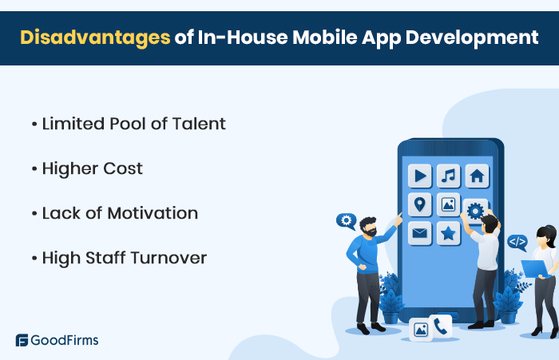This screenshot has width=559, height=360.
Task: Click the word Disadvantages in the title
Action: pos(89,37)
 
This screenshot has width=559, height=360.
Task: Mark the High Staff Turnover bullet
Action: pos(124,258)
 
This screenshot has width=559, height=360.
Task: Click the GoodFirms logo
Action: pos(57,340)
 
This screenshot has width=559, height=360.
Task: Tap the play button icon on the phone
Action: pos(419,176)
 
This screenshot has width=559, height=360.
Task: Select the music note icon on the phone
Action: pos(448,176)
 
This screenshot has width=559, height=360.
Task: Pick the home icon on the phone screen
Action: pos(477,176)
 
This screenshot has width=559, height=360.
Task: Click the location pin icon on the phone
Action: pos(419,204)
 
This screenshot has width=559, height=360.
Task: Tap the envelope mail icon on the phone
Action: pos(419,233)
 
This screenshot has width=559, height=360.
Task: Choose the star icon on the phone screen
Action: pos(448,233)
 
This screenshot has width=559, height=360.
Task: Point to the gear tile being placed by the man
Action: pos(475,211)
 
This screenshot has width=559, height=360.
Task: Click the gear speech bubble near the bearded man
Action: pos(346,220)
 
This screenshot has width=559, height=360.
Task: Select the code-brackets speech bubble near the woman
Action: pos(517,240)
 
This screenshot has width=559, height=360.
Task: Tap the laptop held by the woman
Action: pos(533,267)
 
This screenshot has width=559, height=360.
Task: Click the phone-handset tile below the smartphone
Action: pos(440,325)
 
